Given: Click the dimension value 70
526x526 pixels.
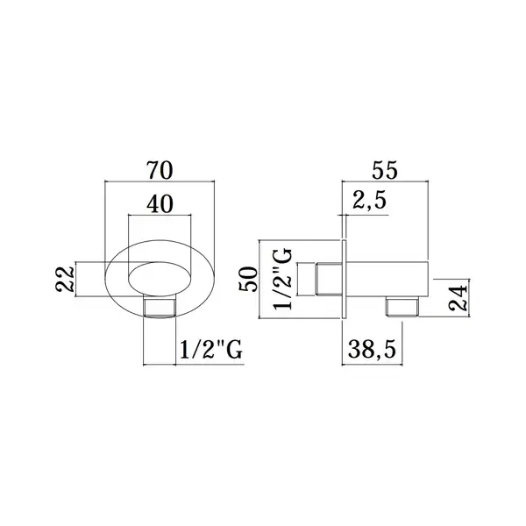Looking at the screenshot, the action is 160,170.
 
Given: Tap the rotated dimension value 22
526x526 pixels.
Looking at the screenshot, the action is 64,279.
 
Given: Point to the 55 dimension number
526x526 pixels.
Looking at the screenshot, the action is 385,170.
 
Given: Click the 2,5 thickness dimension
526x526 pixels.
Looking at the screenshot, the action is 369,202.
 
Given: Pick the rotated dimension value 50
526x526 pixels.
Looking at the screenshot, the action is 247,279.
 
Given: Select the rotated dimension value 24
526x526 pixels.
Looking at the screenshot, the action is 458,297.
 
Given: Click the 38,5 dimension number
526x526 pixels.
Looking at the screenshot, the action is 372,349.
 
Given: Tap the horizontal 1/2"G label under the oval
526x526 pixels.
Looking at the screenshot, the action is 211,349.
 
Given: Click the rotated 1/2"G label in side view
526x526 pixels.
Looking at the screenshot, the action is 282,279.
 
